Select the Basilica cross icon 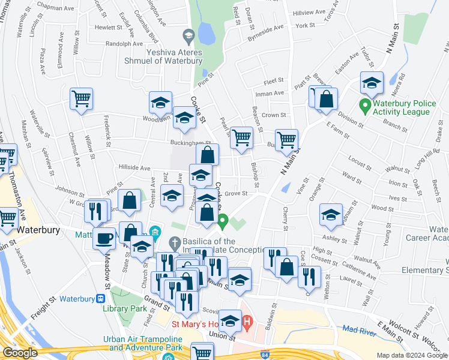[175, 243]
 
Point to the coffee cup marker [104, 238]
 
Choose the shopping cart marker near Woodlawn [81, 99]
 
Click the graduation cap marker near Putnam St [331, 216]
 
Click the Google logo [20, 353]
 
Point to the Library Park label [124, 308]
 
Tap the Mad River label [358, 329]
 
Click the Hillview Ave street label [308, 13]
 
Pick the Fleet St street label [273, 80]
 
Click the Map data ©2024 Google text [411, 355]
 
